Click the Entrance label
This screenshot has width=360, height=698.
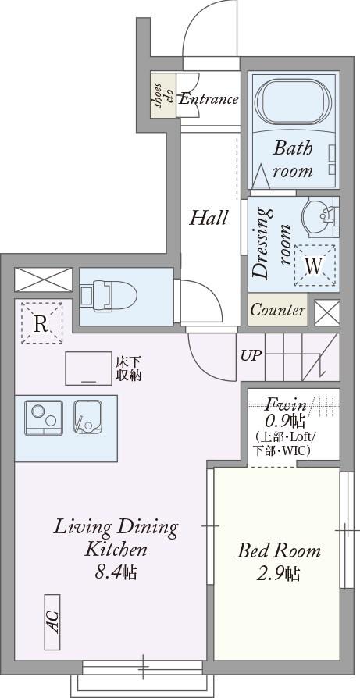tap(209, 99)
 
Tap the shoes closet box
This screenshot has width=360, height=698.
tap(163, 95)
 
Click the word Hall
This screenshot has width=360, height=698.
tap(209, 218)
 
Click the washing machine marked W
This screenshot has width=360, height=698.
tap(314, 265)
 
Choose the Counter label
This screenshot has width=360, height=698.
tap(278, 310)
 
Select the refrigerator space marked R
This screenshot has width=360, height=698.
tap(41, 323)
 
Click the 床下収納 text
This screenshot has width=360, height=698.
tap(129, 369)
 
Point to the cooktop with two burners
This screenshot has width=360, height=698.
tap(44, 417)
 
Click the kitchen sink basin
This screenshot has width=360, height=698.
tap(87, 417)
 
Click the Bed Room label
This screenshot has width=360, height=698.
tap(279, 551)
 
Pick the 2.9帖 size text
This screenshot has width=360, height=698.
tap(278, 574)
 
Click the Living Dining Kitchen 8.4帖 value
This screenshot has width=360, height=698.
tap(116, 572)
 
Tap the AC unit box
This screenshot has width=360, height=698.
tap(52, 622)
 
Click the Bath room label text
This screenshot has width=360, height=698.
tap(293, 159)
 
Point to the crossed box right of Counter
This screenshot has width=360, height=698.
tap(327, 312)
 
